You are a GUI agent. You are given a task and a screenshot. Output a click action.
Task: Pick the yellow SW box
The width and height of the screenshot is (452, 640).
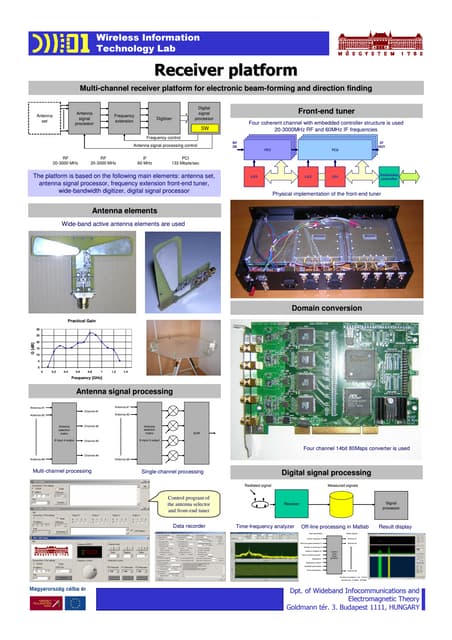click(204, 128)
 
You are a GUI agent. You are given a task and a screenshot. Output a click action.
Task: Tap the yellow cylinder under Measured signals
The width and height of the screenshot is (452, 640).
click(340, 502)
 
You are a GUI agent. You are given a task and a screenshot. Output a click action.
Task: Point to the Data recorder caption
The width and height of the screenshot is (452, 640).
click(190, 525)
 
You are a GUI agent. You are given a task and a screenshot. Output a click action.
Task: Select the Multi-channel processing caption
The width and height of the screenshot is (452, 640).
click(62, 469)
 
